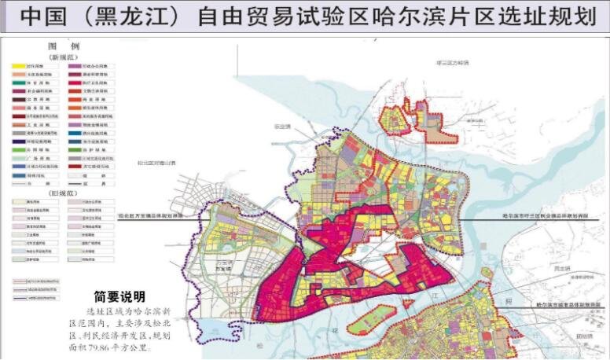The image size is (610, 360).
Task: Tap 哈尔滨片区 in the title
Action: pos(437,17)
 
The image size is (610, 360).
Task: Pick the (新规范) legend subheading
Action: pos(59,58)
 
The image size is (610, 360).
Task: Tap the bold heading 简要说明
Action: pos(119,296)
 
